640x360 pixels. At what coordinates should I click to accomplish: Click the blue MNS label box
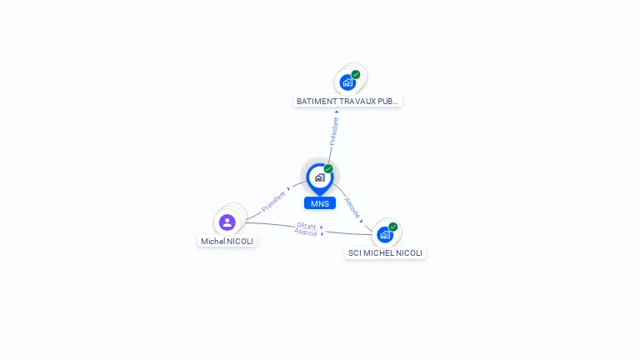coord(320,203)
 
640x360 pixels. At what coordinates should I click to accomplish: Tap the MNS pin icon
coord(319,177)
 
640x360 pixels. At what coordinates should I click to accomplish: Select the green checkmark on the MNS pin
coord(328,168)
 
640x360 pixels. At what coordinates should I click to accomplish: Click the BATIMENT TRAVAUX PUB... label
coord(347,101)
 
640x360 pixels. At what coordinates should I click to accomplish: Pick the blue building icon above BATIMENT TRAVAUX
coord(347,82)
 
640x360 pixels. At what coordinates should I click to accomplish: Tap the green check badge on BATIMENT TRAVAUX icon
coord(356,74)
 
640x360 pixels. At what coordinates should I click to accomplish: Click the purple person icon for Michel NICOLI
coord(227,222)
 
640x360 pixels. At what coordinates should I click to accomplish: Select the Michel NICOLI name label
coord(227,241)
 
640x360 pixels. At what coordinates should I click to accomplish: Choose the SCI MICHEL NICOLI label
coord(385,252)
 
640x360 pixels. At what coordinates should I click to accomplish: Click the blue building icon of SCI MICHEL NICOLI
coord(384,234)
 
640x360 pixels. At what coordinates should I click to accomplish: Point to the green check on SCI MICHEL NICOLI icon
coord(393,227)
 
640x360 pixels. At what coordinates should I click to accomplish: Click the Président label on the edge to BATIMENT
coord(333,131)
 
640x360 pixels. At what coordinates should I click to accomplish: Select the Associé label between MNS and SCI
coord(352,207)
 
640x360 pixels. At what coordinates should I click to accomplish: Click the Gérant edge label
coord(307,225)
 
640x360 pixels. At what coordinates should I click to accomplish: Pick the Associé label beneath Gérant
coord(306,232)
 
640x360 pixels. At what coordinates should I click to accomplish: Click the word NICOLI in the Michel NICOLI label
coord(240,241)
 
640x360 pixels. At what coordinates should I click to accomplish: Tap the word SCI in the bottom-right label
coord(356,252)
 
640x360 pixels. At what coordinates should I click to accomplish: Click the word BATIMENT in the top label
coord(313,101)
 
